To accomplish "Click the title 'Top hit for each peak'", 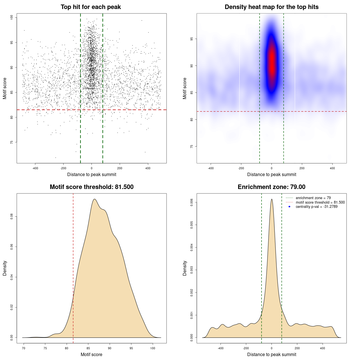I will pos(91,7).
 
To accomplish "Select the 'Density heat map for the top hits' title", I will pos(271,7).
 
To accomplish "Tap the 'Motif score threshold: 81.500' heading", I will pos(91,187).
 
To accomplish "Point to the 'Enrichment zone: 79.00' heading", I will pos(271,187).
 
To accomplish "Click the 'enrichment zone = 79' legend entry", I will pos(313,198).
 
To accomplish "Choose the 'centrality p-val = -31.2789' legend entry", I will pos(316,207).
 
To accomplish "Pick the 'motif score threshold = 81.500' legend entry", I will pos(320,202).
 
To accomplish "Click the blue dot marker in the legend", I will pos(289,207).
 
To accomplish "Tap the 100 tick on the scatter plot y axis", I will pos(12,17).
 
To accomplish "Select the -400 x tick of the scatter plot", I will pos(35,168).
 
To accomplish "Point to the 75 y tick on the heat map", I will pos(192,147).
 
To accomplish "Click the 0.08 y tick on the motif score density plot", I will pos(12,217).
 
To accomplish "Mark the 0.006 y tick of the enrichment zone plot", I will pos(192,202).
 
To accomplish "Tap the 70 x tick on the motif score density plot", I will pos(24,348).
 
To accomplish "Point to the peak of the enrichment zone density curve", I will pos(272,199).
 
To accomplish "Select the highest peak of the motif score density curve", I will pos(94,199).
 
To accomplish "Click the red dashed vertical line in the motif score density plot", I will pos(73,267).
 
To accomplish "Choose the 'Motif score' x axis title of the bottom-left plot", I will pos(91,355).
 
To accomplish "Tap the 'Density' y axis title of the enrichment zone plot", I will pos(185,268).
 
